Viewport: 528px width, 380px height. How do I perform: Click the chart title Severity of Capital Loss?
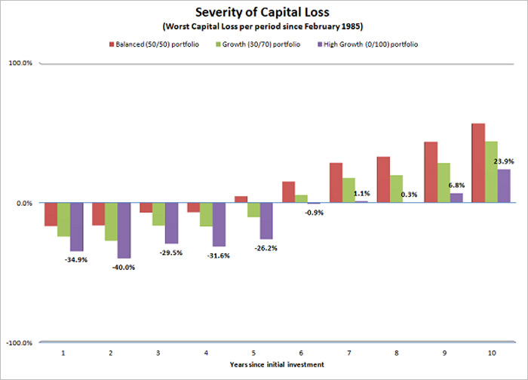click(264, 13)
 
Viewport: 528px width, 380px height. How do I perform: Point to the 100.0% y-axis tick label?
click(20, 63)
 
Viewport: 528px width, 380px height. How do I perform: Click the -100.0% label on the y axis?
click(20, 343)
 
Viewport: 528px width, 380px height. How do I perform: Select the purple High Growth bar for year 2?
click(124, 230)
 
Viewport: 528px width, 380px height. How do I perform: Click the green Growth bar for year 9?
click(444, 182)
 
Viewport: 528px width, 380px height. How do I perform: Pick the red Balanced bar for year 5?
click(241, 199)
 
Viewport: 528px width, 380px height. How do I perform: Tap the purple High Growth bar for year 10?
click(503, 185)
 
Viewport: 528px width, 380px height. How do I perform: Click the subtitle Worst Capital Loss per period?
click(264, 27)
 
